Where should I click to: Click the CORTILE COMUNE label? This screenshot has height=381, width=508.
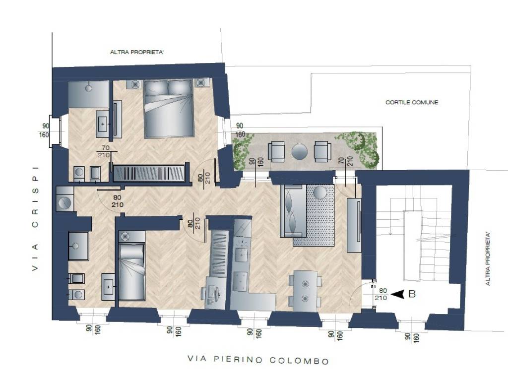(x=411, y=102)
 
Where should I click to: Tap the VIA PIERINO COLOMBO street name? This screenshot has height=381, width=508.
(x=258, y=360)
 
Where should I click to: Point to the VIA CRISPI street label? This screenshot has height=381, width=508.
(x=35, y=219)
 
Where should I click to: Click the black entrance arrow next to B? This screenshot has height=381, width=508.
(x=398, y=294)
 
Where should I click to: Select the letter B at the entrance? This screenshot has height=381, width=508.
(x=412, y=294)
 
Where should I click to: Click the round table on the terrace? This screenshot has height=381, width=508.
(x=299, y=151)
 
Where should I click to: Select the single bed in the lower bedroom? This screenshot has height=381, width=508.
(x=131, y=266)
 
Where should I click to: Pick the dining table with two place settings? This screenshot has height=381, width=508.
(x=305, y=291)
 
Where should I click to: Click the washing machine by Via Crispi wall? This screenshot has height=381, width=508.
(x=64, y=199)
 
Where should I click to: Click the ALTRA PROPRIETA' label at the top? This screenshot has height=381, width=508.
(x=137, y=52)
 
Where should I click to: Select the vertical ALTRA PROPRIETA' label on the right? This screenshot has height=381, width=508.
(x=488, y=258)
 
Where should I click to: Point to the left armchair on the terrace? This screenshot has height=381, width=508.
(x=277, y=151)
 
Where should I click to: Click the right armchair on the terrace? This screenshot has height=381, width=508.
(x=322, y=151)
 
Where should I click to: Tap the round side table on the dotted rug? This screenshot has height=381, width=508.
(x=320, y=192)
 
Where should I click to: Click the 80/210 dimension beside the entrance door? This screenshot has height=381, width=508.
(x=381, y=294)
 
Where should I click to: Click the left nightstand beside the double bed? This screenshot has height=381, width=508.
(x=135, y=84)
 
